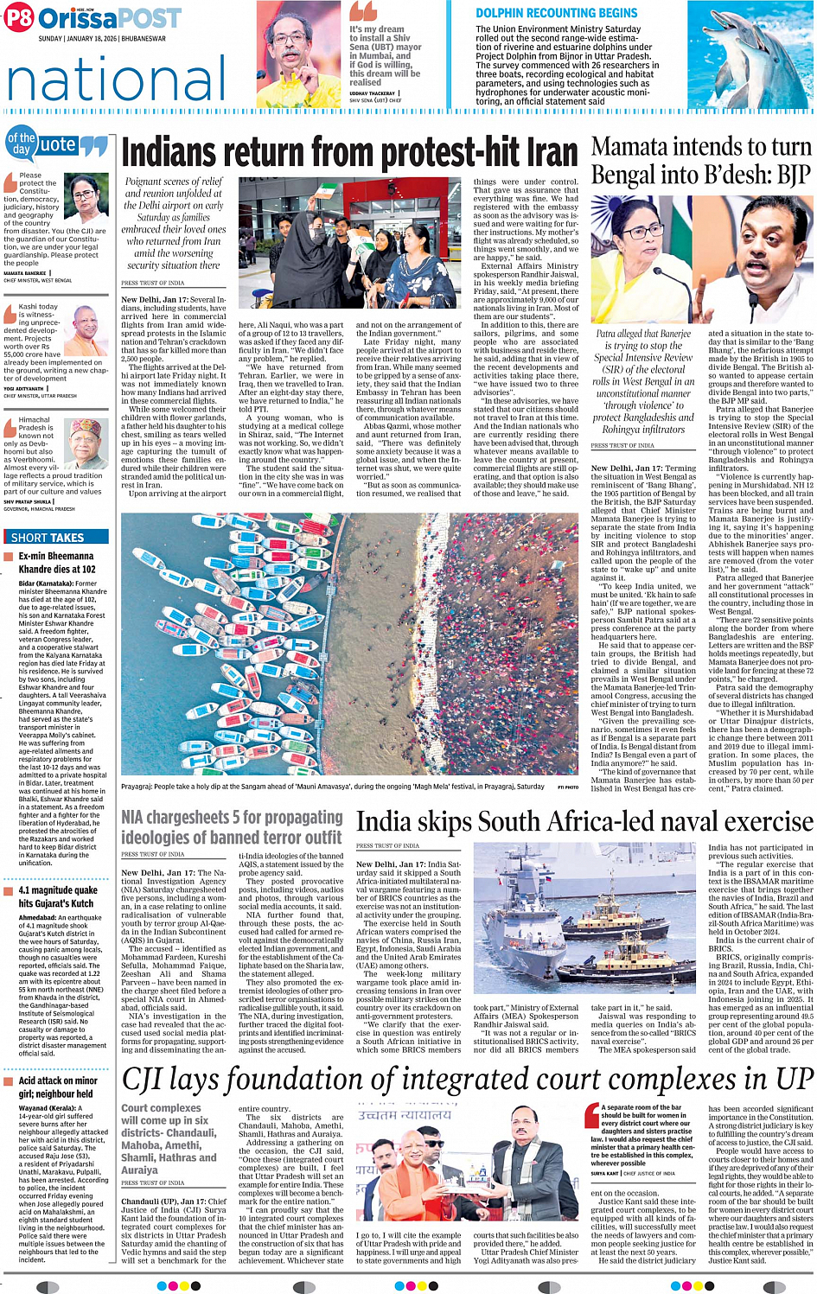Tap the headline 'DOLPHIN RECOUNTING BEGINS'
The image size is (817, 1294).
[556, 13]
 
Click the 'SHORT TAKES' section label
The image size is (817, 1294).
[48, 537]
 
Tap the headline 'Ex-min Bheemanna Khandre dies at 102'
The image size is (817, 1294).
[57, 563]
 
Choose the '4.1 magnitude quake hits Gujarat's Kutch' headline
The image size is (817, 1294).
[57, 896]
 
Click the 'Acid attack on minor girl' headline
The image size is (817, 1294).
[57, 1087]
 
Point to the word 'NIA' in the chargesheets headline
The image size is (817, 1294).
[132, 817]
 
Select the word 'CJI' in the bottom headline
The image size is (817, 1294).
[148, 1080]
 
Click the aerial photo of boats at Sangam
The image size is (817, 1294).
[349, 645]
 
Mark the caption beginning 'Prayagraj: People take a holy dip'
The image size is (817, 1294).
[333, 787]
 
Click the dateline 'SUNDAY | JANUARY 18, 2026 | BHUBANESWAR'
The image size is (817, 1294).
[102, 39]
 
